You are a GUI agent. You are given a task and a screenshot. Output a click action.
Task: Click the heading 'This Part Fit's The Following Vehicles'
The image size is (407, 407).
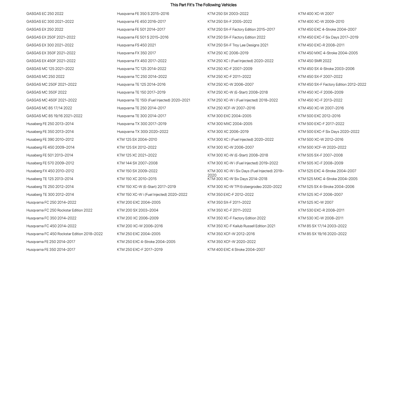click(x=203, y=5)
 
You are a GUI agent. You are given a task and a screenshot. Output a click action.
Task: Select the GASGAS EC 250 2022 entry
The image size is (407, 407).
click(x=45, y=14)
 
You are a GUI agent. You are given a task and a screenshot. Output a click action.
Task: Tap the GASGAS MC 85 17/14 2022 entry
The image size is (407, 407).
click(x=49, y=108)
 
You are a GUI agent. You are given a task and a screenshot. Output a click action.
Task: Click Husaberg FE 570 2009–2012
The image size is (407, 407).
click(x=50, y=163)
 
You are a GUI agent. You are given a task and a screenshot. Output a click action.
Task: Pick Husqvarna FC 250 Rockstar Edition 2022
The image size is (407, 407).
click(x=59, y=210)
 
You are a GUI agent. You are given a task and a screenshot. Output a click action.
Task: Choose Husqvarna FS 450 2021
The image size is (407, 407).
click(x=136, y=45)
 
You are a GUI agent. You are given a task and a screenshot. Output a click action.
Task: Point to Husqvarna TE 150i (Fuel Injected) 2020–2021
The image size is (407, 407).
click(x=153, y=100)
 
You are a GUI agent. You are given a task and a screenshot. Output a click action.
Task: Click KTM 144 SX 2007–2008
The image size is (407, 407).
click(x=137, y=163)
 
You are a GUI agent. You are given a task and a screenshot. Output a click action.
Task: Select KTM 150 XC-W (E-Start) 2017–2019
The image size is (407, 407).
click(x=146, y=187)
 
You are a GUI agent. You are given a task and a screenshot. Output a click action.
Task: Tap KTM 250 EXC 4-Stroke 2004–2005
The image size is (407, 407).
click(x=146, y=242)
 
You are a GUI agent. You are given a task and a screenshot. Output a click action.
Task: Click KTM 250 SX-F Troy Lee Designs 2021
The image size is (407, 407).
click(x=238, y=45)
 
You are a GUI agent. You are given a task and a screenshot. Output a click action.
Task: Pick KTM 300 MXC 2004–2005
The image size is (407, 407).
click(x=230, y=124)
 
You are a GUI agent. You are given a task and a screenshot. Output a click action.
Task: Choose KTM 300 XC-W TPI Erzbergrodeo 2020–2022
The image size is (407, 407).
click(x=245, y=187)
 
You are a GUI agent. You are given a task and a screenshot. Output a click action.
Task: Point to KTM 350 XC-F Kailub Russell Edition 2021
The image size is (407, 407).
click(x=241, y=226)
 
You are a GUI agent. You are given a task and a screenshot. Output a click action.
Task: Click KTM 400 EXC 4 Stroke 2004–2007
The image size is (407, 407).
click(x=236, y=249)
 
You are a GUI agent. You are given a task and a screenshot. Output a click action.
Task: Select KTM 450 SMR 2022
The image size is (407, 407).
click(x=315, y=61)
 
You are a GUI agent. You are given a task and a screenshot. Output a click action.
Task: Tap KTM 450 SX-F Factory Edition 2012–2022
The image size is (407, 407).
click(x=332, y=84)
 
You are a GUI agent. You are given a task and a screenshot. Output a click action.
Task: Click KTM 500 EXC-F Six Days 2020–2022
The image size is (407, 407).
click(x=329, y=132)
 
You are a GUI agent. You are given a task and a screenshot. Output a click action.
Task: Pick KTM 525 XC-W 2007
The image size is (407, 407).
click(x=316, y=202)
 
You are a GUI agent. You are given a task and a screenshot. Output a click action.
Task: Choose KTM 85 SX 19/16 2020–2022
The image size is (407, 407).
click(x=322, y=234)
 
